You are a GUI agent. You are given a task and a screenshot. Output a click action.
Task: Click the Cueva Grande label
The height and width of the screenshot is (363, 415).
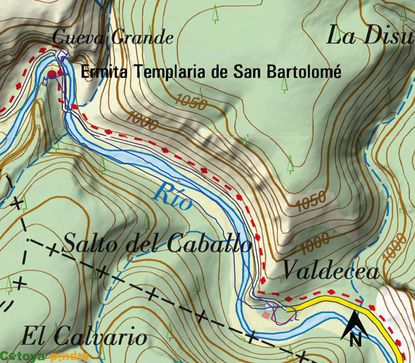click(113, 38)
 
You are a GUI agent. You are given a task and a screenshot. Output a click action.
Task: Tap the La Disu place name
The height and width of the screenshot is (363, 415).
click(369, 36)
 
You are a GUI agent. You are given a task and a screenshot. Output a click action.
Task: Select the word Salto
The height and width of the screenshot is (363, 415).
click(91, 244)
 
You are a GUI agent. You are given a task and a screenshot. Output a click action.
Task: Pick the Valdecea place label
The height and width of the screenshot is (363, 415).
click(331, 271)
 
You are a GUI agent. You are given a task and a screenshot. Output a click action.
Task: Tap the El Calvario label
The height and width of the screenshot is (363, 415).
click(84, 337)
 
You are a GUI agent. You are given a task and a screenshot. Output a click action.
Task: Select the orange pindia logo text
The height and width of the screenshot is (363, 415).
click(69, 356)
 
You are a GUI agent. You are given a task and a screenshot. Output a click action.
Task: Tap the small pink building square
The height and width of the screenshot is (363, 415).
click(266, 315)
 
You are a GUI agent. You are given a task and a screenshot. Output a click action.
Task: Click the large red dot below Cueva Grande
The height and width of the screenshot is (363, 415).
click(52, 74)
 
